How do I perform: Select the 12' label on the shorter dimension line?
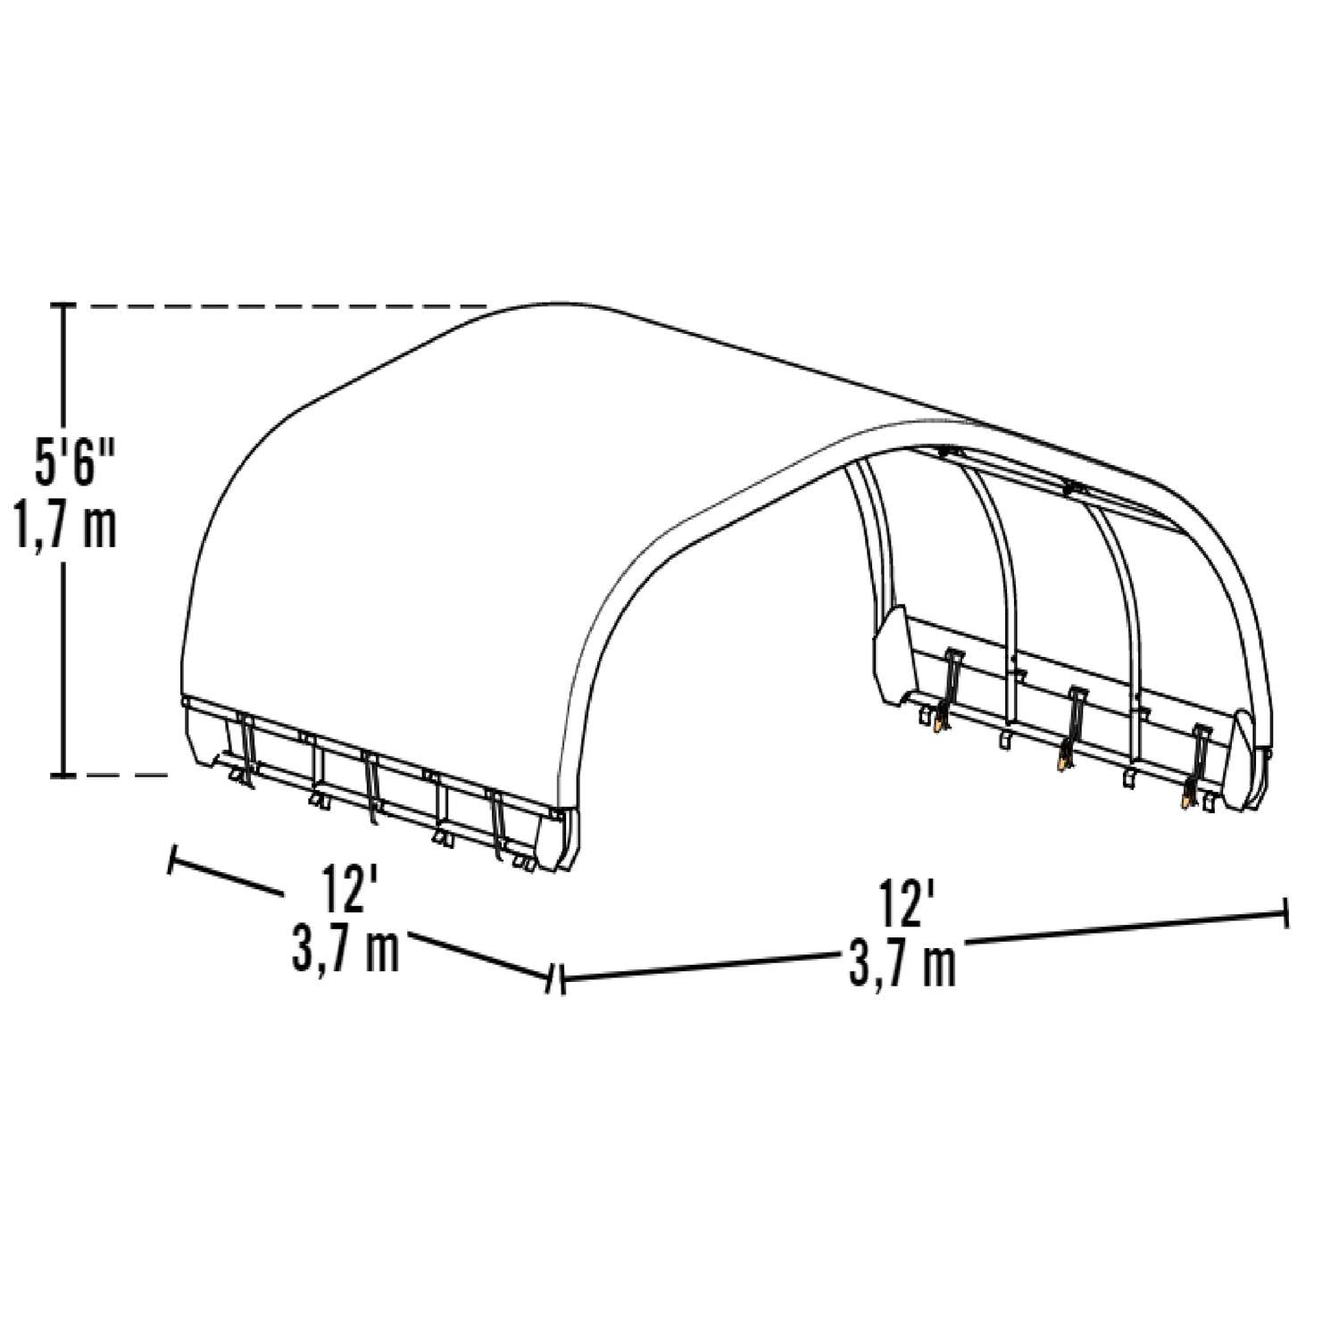pyautogui.click(x=344, y=889)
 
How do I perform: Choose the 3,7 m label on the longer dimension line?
pyautogui.click(x=902, y=964)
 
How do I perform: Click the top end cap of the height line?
pyautogui.click(x=62, y=306)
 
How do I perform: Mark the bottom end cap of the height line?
pyautogui.click(x=62, y=776)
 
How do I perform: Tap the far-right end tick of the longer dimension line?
pyautogui.click(x=1284, y=913)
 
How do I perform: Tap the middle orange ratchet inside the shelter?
pyautogui.click(x=1061, y=764)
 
